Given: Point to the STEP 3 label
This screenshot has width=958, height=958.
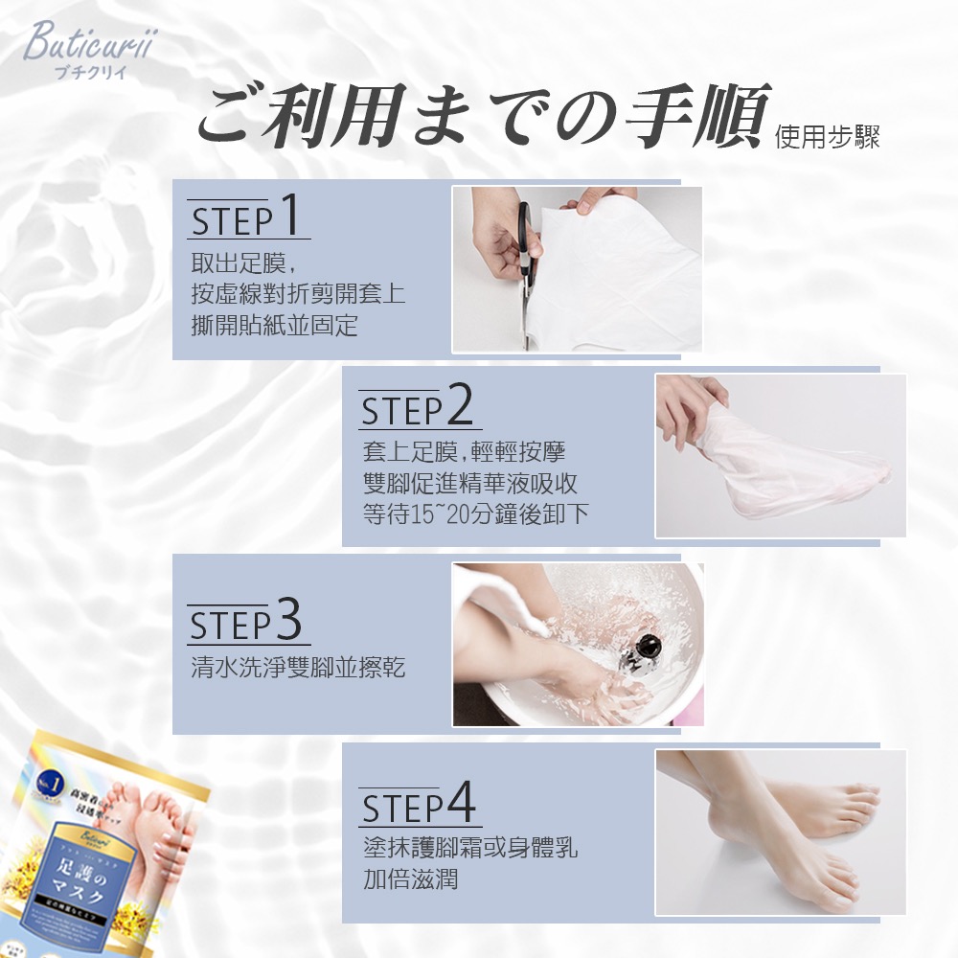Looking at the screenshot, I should (x=247, y=622).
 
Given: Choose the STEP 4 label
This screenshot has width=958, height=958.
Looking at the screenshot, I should (x=420, y=807).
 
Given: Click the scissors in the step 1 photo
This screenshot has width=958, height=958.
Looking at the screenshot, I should (x=526, y=249).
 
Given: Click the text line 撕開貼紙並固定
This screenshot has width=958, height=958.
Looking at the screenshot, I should (x=275, y=326).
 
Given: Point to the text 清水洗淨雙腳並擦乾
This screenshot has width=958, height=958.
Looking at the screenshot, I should (x=298, y=667).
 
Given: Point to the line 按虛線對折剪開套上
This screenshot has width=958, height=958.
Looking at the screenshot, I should (x=298, y=294).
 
